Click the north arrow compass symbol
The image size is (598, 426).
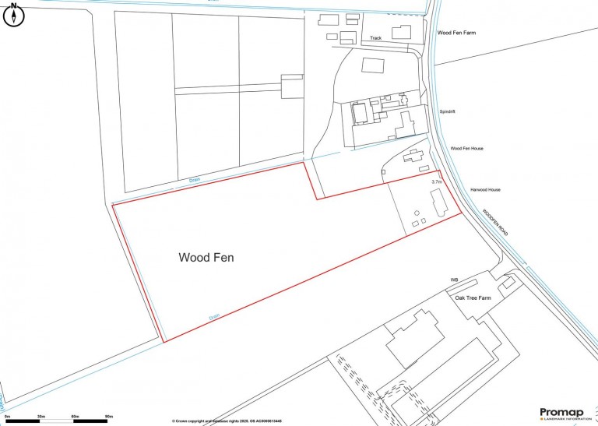click(14, 15)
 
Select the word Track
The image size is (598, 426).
click(376, 38)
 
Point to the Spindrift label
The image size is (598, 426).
click(447, 111)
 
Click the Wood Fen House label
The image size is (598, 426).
click(467, 148)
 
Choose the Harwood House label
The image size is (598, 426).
click(485, 190)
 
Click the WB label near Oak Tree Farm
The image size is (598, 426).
click(454, 279)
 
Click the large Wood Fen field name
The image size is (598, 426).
click(206, 257)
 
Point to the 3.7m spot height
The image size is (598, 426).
click(436, 181)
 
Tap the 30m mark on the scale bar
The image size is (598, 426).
click(41, 417)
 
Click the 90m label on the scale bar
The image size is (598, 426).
click(109, 417)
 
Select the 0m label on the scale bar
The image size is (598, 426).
click(7, 417)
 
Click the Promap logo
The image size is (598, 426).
click(564, 414)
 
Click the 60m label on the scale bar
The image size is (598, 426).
click(76, 417)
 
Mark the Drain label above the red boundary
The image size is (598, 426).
click(195, 181)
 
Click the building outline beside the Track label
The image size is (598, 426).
click(401, 32)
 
